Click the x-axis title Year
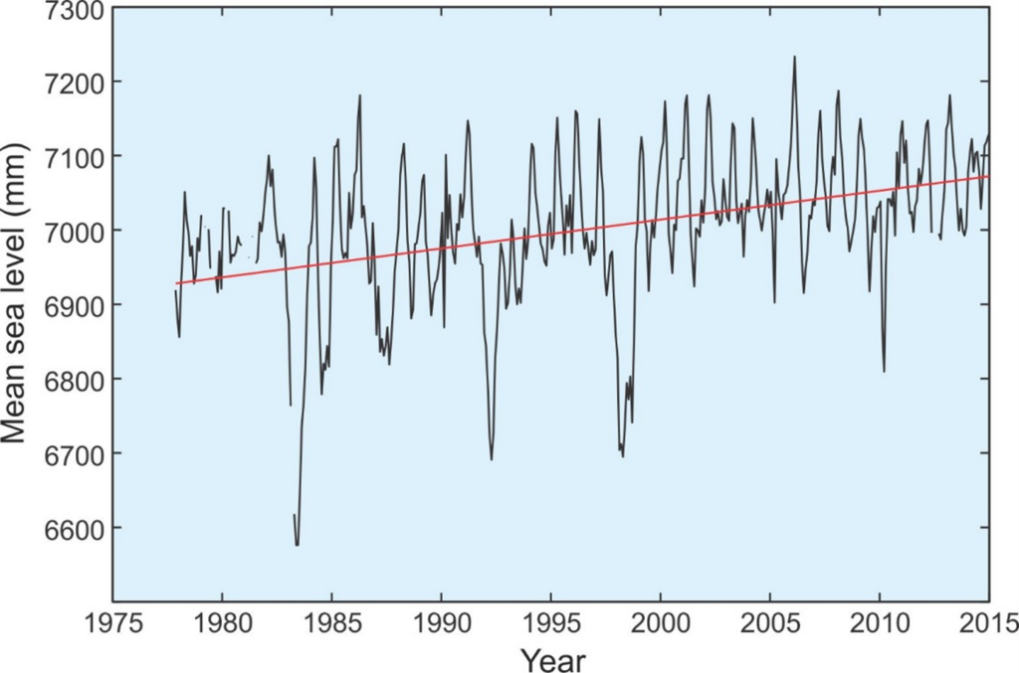551,658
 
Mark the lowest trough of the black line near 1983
297,545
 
